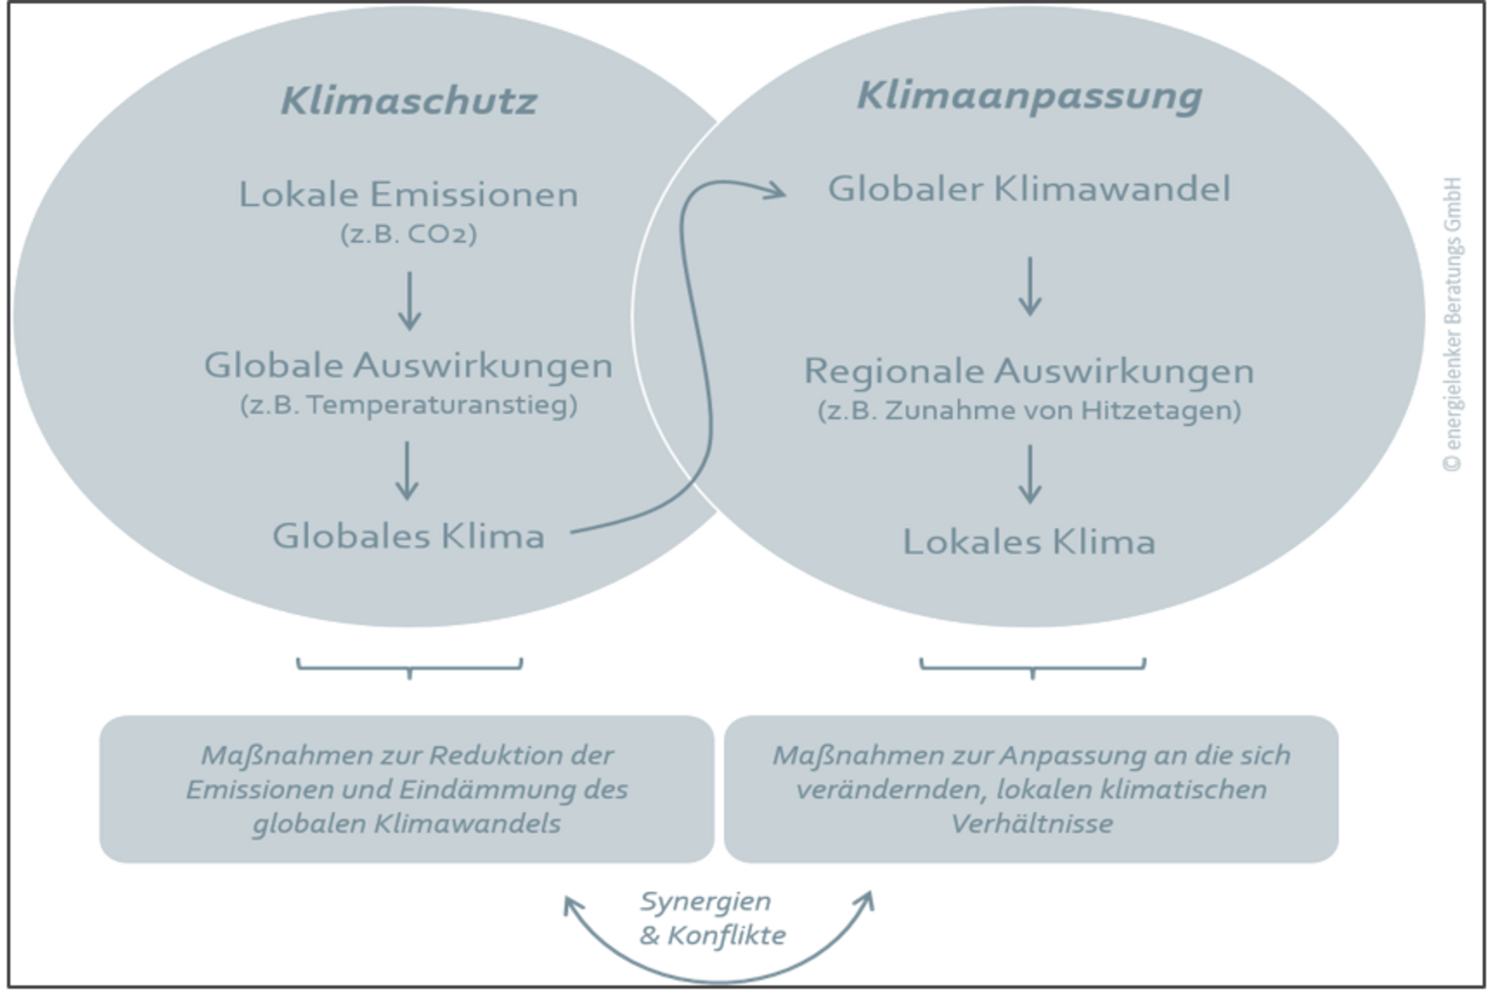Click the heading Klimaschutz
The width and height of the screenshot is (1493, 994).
click(409, 101)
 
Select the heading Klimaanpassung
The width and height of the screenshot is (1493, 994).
click(1029, 96)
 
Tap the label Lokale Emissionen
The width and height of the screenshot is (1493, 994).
click(409, 194)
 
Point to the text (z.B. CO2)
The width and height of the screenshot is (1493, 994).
click(409, 232)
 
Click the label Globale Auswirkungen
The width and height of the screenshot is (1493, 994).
click(409, 365)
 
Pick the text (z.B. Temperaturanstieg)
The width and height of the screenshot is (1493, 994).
click(409, 405)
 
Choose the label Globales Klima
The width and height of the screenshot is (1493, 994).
click(409, 536)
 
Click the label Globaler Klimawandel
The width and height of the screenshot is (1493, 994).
click(1029, 189)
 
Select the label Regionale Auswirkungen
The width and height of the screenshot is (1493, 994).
click(1029, 371)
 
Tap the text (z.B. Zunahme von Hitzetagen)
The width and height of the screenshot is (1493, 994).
click(1029, 411)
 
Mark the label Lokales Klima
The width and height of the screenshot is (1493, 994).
click(1029, 541)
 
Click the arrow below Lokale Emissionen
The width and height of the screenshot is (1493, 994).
click(410, 301)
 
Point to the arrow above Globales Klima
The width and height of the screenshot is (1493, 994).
click(407, 470)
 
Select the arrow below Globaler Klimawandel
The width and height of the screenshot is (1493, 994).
click(1030, 286)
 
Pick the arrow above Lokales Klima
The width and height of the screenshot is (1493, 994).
click(1030, 474)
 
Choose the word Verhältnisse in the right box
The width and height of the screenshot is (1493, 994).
click(1032, 823)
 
